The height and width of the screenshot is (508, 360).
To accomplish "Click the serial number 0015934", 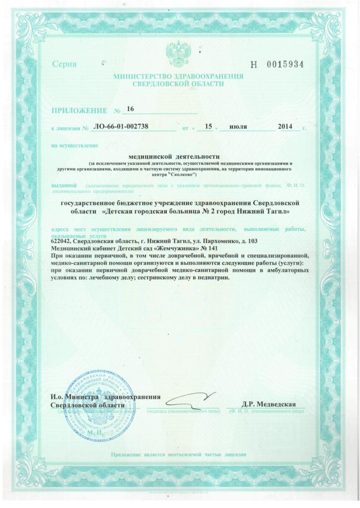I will pos(284,65).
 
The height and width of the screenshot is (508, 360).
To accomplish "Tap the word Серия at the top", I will pos(65,65).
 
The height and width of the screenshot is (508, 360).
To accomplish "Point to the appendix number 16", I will pos(131,108).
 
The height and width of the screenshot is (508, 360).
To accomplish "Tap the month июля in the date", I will pos(238,127).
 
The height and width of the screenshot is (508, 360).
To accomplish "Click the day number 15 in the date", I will pos(208,127).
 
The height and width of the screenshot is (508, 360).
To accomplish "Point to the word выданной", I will pos(64,186).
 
